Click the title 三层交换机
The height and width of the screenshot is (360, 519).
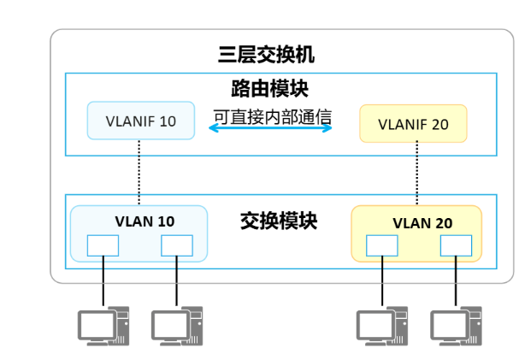(x=266, y=56)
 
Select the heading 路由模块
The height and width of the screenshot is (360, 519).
(x=269, y=88)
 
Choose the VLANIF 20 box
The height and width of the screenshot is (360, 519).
(x=413, y=124)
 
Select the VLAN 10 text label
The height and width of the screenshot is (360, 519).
(x=144, y=221)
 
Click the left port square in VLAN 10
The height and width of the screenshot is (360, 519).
(x=103, y=245)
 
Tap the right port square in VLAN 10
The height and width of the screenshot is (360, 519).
(x=176, y=245)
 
